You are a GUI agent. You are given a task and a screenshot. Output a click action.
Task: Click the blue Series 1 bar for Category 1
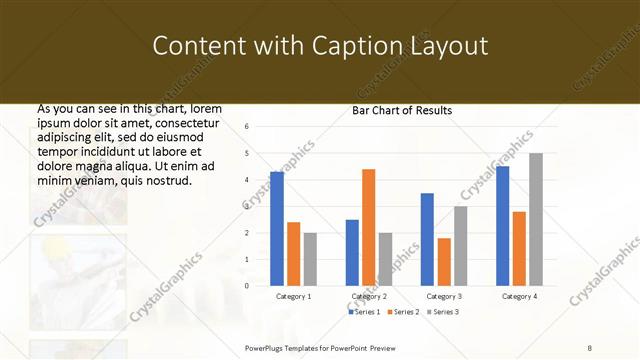tap(277, 229)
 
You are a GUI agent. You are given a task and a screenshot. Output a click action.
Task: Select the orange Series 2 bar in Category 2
tap(369, 227)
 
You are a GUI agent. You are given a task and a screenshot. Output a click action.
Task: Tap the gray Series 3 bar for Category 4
tap(536, 219)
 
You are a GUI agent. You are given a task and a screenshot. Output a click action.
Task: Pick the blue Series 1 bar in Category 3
tap(427, 239)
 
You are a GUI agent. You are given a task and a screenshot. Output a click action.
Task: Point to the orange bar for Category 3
tap(444, 262)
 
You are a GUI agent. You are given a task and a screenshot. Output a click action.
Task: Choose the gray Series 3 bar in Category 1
tap(310, 259)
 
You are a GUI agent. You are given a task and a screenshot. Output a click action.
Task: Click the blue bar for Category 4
tap(502, 226)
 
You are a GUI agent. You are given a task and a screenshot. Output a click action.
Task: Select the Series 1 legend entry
tap(366, 313)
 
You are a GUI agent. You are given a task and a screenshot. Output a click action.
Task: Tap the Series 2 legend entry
tap(403, 313)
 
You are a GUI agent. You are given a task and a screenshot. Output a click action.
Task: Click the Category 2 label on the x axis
tap(369, 297)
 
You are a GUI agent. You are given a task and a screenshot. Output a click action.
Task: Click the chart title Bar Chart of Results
tap(402, 110)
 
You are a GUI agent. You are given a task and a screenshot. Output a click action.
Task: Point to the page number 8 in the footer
tap(590, 346)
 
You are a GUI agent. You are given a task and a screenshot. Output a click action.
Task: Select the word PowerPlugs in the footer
tap(268, 346)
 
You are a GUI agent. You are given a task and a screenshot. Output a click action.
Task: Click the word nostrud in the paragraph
tap(160, 180)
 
